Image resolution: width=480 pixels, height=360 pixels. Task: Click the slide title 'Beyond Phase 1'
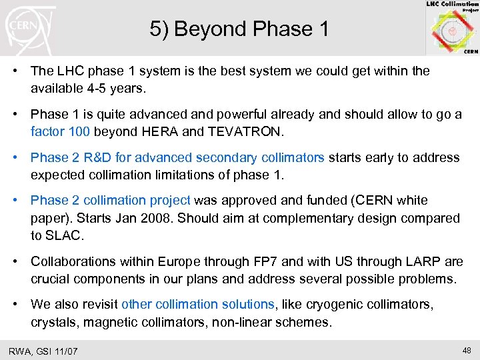(x=239, y=29)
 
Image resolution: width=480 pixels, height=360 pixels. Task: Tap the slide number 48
(x=466, y=350)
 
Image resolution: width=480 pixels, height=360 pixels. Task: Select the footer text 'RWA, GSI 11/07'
(x=43, y=351)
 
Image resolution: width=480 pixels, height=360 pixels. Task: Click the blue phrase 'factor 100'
(x=57, y=131)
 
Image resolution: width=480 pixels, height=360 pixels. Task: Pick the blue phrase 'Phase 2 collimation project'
(x=111, y=200)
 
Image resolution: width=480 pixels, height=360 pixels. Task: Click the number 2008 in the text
(x=159, y=217)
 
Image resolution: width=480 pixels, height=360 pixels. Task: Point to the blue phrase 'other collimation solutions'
(x=197, y=304)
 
